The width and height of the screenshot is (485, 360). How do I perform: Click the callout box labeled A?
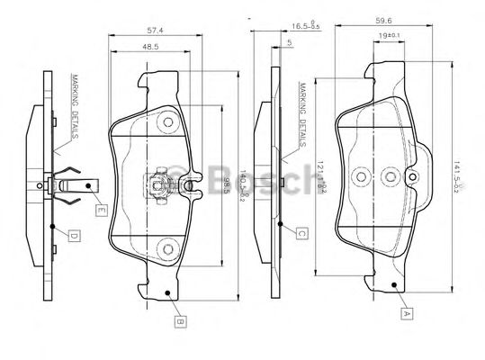[406, 314]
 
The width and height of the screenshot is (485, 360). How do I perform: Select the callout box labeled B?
[180, 319]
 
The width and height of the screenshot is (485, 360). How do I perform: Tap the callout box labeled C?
[302, 233]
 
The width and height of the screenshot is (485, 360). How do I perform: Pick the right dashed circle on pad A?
[390, 175]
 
